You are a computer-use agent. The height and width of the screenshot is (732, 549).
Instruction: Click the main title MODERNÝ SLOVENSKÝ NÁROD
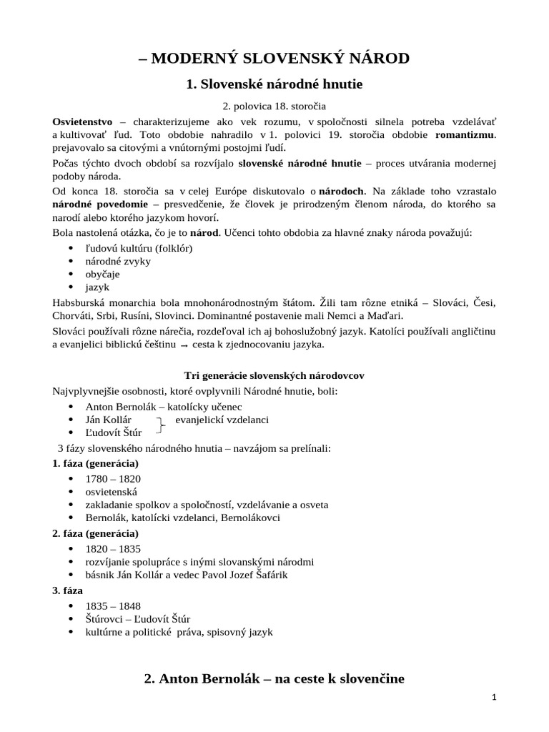[x=274, y=58]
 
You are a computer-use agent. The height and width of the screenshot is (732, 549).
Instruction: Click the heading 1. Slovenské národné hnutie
[x=274, y=84]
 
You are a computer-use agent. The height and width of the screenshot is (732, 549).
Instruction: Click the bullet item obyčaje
[x=103, y=274]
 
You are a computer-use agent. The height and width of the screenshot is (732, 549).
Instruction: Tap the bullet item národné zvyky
[x=118, y=261]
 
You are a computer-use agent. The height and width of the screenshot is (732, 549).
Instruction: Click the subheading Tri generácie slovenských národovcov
[x=274, y=376]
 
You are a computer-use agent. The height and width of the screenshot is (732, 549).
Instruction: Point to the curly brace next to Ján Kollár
[x=162, y=426]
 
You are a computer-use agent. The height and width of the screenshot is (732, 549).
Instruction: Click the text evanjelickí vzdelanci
[x=222, y=420]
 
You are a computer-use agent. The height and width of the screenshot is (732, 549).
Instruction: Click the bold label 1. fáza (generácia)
[x=96, y=463]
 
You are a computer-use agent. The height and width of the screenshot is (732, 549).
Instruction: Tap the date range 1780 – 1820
[x=113, y=478]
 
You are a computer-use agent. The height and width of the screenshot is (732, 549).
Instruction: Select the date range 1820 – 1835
[x=113, y=549]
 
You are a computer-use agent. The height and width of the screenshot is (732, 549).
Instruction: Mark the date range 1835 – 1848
[x=113, y=605]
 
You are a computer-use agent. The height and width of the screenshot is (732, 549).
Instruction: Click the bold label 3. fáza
[x=68, y=590]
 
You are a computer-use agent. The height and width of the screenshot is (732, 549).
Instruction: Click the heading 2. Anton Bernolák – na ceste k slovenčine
[x=274, y=678]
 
